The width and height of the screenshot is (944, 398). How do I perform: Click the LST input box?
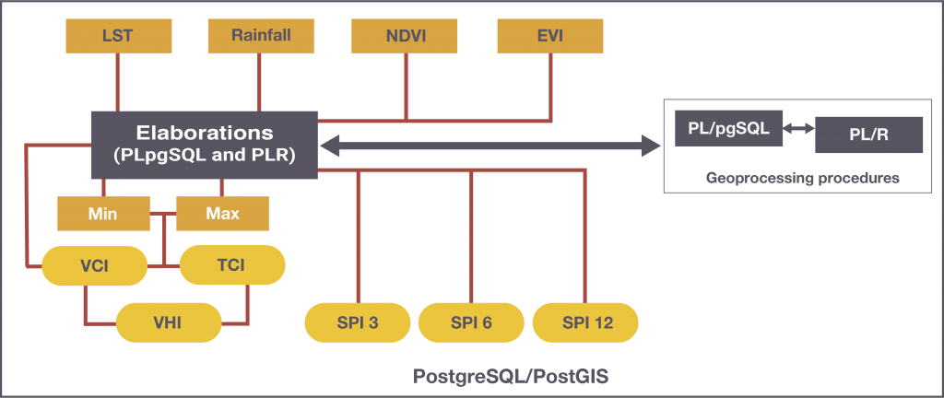[117, 36]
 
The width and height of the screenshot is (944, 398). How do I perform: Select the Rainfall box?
[261, 36]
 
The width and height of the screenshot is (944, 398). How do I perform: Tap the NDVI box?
[406, 36]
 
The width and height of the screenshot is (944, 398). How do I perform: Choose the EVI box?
[549, 36]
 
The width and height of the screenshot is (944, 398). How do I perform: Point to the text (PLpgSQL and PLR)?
[204, 156]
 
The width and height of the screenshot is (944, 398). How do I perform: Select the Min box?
[102, 214]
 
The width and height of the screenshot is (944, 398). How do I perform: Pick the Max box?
[222, 214]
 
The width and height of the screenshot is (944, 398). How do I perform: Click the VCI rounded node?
[95, 265]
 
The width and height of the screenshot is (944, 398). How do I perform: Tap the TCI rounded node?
[231, 265]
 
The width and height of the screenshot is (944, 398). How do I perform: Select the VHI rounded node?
[169, 322]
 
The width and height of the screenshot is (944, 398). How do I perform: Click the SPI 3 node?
[358, 322]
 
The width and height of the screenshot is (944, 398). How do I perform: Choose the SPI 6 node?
[471, 322]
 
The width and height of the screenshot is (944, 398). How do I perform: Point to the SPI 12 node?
[585, 322]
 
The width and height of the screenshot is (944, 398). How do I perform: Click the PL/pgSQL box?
[729, 128]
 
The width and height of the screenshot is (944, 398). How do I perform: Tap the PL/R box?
[868, 135]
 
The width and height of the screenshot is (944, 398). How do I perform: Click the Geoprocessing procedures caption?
[802, 178]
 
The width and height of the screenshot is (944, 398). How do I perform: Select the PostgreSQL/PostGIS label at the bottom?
[511, 378]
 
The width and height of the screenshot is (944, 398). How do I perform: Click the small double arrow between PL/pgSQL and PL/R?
[799, 130]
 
